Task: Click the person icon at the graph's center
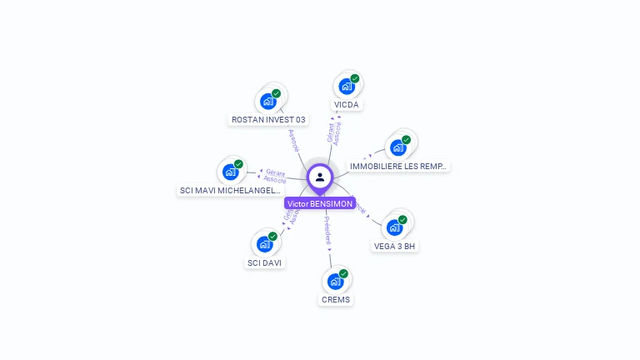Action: (320, 177)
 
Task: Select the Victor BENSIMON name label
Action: (320, 203)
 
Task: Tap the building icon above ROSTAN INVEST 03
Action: (267, 102)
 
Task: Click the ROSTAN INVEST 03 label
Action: (268, 119)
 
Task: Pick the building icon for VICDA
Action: (346, 87)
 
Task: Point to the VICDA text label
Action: (347, 105)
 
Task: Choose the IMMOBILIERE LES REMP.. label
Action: (398, 167)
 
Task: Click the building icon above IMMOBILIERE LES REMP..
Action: (397, 147)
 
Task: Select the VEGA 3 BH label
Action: (394, 246)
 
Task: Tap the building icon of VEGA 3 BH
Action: (394, 227)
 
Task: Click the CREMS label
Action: (336, 299)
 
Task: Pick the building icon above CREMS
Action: (335, 282)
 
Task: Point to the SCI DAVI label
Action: (264, 262)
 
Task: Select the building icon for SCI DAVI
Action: (264, 244)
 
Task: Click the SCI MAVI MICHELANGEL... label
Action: (230, 191)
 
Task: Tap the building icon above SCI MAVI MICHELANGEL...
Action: (230, 172)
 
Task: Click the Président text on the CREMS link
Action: (328, 232)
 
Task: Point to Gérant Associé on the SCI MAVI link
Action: (275, 176)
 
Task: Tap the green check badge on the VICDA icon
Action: (355, 78)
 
